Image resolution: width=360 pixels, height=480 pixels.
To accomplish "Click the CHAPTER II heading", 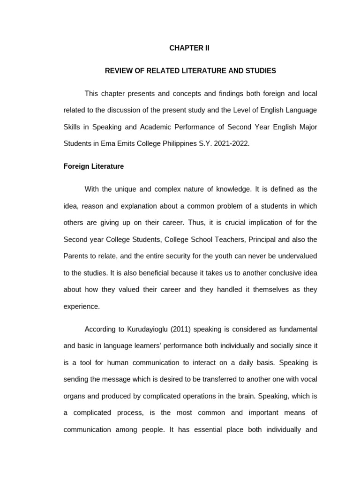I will click(x=189, y=48).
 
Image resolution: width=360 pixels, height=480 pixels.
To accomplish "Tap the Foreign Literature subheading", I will click(x=94, y=166).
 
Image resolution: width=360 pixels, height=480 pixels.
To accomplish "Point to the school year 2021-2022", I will click(x=232, y=144).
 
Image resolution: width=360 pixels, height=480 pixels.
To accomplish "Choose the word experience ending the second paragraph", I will click(x=82, y=307).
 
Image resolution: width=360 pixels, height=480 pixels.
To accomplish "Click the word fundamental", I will click(x=294, y=329).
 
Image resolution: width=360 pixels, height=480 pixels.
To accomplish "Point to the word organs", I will click(x=75, y=396).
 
